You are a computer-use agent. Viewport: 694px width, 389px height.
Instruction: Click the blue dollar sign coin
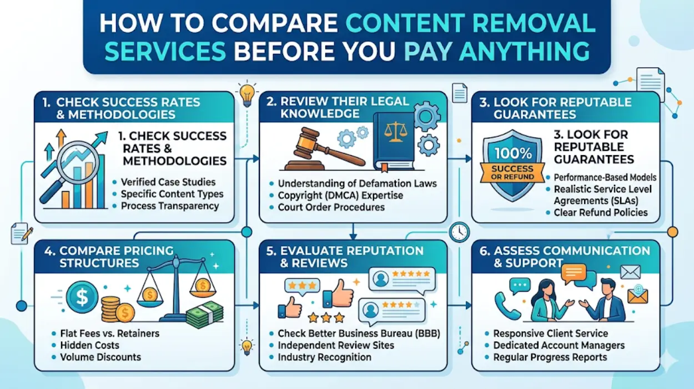pos(82,298)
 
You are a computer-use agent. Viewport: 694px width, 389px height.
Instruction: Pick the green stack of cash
pos(204,315)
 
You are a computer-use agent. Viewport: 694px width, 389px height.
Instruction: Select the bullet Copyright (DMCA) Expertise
pos(340,196)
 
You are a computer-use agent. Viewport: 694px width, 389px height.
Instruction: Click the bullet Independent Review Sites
pos(336,345)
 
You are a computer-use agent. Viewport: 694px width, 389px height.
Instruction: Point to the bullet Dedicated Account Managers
pos(559,345)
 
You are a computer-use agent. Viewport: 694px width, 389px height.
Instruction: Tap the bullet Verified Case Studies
pos(168,182)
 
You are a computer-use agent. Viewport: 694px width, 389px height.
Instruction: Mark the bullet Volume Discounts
pos(100,357)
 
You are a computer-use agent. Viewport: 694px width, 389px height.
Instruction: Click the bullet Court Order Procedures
pos(331,207)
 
